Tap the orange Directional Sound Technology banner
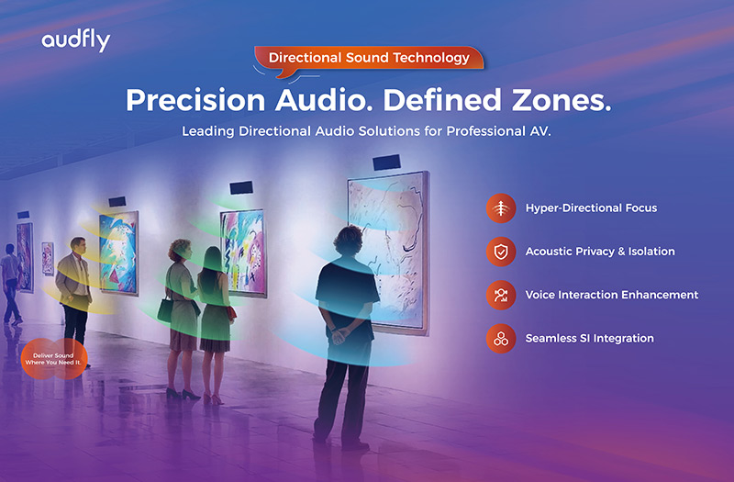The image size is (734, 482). pyautogui.click(x=369, y=58)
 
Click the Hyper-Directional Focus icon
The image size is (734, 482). pyautogui.click(x=500, y=208)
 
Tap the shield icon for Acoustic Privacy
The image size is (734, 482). pyautogui.click(x=500, y=252)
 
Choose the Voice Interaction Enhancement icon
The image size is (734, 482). pyautogui.click(x=500, y=296)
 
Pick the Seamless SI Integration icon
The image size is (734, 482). pyautogui.click(x=500, y=339)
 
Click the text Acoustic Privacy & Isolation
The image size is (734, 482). pyautogui.click(x=599, y=252)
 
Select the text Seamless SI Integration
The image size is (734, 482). pyautogui.click(x=589, y=339)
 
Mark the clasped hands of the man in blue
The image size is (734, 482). pyautogui.click(x=340, y=335)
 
